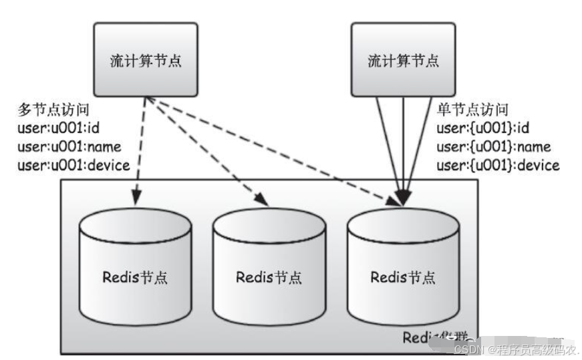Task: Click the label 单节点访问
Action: tap(472, 110)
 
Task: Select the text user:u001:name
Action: tap(66, 147)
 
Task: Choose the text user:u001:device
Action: tap(74, 166)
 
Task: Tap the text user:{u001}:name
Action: tap(493, 147)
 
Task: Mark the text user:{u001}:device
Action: tap(498, 166)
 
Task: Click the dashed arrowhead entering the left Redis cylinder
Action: tap(138, 196)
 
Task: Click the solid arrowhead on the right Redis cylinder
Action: tap(402, 198)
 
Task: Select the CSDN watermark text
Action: tap(515, 349)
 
